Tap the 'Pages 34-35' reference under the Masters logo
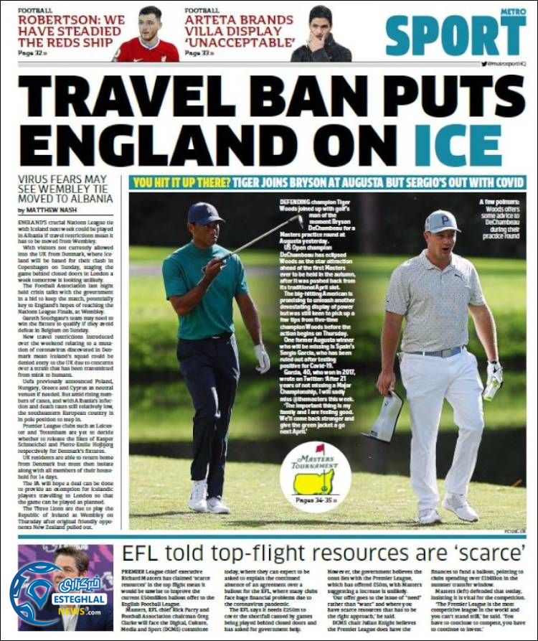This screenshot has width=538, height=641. click(316, 500)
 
